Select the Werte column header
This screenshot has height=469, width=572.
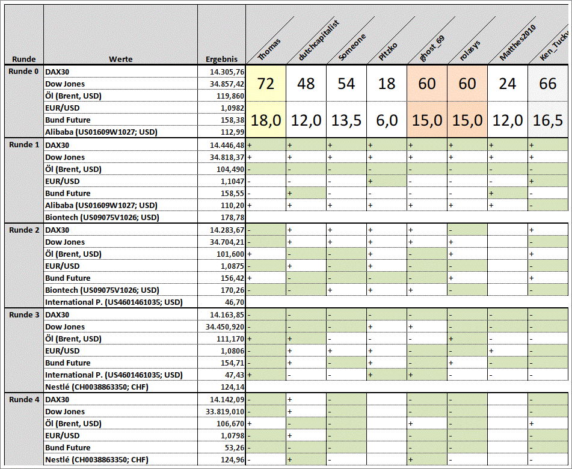click(x=120, y=59)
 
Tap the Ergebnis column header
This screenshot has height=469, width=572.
click(x=221, y=59)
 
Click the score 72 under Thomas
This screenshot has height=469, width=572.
click(x=266, y=84)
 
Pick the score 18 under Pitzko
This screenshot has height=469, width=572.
click(x=387, y=84)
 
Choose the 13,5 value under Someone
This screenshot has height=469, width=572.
click(x=346, y=120)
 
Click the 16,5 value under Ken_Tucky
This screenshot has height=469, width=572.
click(x=548, y=120)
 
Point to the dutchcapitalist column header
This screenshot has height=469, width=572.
click(x=319, y=41)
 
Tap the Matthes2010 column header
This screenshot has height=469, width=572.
click(x=518, y=41)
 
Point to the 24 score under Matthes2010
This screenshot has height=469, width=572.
click(x=508, y=84)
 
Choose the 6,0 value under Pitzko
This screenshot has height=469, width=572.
click(x=387, y=120)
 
